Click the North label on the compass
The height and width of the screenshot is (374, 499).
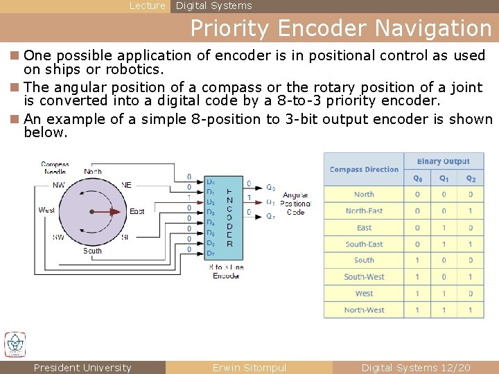(x=93, y=172)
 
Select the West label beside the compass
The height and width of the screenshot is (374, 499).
(x=47, y=210)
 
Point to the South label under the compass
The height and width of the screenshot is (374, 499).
(x=92, y=251)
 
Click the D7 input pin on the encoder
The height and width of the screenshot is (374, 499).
(x=211, y=253)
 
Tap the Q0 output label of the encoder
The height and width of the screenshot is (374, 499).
(x=271, y=188)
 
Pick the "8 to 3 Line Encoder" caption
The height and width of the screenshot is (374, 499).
(x=226, y=271)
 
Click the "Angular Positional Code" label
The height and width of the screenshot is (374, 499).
(x=296, y=204)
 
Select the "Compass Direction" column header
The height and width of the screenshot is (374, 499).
(x=364, y=170)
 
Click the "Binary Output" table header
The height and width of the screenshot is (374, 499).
(x=444, y=161)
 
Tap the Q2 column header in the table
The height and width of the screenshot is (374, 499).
(x=471, y=178)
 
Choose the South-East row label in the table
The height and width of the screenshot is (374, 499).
(x=364, y=244)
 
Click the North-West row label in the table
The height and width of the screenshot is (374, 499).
(x=364, y=310)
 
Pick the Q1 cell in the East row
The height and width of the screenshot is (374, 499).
(x=444, y=227)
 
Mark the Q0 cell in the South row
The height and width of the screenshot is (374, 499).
(x=417, y=260)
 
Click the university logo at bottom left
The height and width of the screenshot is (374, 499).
(x=15, y=345)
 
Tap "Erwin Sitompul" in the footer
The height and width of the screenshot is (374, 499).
(x=249, y=368)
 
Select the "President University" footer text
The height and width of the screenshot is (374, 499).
(x=82, y=368)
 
